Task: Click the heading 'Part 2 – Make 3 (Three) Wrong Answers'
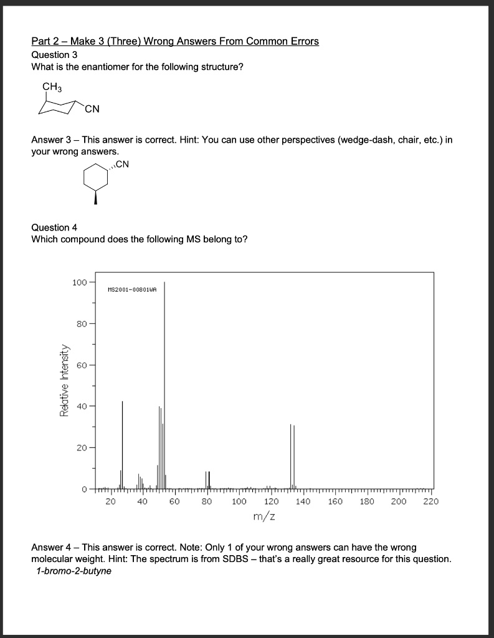(x=175, y=42)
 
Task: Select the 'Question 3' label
(x=54, y=55)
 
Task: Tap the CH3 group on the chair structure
(x=52, y=87)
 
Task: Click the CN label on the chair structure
(x=92, y=111)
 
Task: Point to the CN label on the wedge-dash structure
(x=122, y=164)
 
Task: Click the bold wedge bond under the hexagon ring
(x=95, y=198)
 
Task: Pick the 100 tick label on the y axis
(x=79, y=283)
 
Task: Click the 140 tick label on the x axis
(x=303, y=501)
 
